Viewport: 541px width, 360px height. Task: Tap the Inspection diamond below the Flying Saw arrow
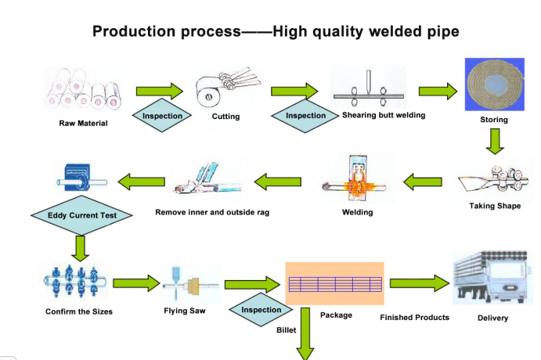(261, 310)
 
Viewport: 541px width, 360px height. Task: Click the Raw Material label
(83, 124)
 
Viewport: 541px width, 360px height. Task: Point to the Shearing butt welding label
(384, 115)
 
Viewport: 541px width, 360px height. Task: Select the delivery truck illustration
(492, 280)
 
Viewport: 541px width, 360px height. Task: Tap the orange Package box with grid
(334, 283)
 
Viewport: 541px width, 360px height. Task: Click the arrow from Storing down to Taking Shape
(494, 141)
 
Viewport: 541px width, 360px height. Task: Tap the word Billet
(287, 330)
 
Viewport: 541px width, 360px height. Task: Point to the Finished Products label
(414, 317)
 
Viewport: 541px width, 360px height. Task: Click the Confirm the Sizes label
(79, 311)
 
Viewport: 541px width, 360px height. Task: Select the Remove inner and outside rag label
(212, 212)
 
